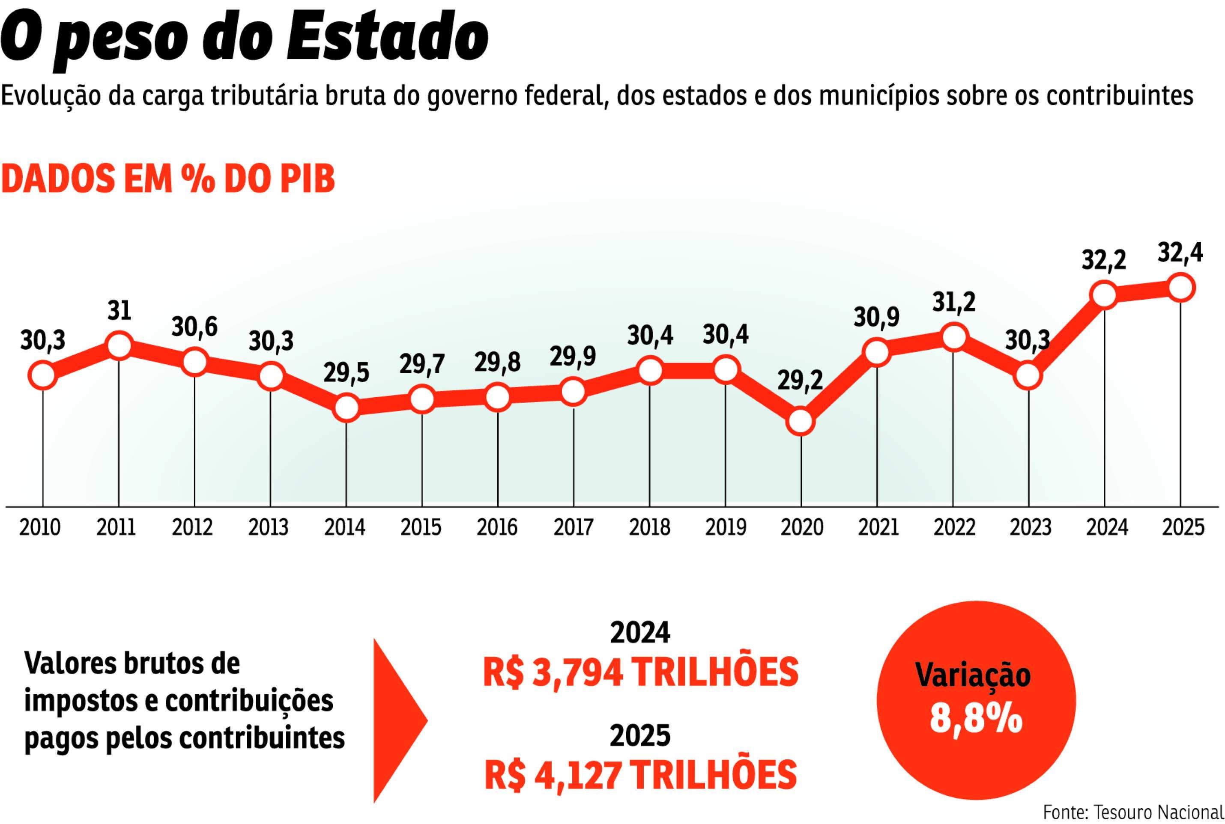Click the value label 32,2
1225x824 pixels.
coord(1103,260)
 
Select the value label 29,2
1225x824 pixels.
coord(800,381)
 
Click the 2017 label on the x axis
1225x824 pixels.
coord(573,527)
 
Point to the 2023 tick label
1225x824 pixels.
coord(1030,527)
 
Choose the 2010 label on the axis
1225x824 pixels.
coord(40,527)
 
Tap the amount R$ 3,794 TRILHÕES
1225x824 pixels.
coord(640,672)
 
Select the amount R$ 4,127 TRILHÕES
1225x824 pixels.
coord(640,775)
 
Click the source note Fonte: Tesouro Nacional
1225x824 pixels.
coord(1133,812)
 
